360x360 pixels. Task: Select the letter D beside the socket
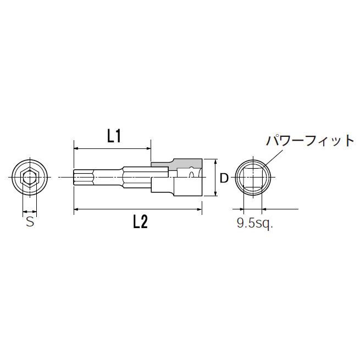pyautogui.click(x=224, y=178)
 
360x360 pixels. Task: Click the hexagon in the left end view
pyautogui.click(x=29, y=178)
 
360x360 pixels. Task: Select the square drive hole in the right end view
pyautogui.click(x=252, y=178)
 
